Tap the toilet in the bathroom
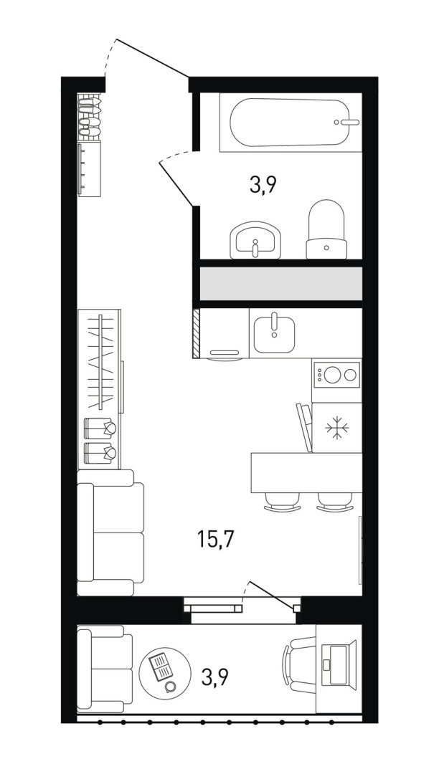326,229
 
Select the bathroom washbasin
255,240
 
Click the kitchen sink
274,334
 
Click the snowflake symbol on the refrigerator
336,427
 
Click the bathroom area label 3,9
263,186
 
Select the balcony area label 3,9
214,677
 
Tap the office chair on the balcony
299,665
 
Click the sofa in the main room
110,532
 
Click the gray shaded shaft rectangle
281,283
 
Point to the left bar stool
282,502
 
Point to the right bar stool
335,502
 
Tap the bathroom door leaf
176,183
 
